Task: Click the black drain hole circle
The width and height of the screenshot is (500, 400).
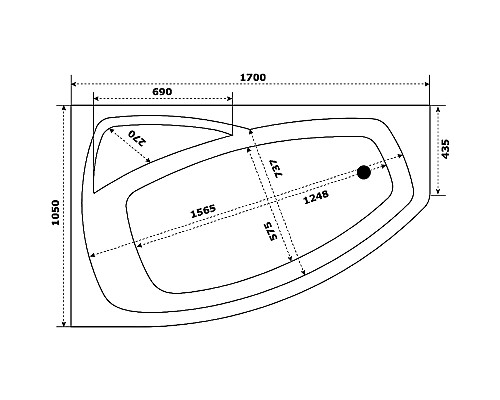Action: click(364, 173)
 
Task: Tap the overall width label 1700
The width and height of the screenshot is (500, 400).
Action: click(251, 74)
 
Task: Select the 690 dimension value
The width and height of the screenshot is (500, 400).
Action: click(163, 92)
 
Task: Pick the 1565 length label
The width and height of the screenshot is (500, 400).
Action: click(204, 213)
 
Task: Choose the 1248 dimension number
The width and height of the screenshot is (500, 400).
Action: click(316, 197)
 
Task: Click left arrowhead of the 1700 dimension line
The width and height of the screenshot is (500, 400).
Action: click(74, 83)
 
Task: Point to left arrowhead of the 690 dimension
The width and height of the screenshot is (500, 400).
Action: click(95, 100)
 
